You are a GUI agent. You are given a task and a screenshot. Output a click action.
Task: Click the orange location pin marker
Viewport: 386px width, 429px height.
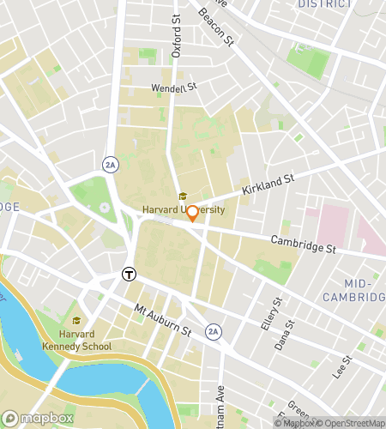[x=193, y=214]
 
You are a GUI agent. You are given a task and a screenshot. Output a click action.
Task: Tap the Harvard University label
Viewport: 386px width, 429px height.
[x=184, y=210]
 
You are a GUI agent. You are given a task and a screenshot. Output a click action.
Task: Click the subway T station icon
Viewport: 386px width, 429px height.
[x=128, y=275]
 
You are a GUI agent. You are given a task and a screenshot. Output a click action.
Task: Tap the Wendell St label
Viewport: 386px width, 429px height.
[x=174, y=87]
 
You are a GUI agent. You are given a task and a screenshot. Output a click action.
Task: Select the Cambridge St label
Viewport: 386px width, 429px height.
[x=303, y=245]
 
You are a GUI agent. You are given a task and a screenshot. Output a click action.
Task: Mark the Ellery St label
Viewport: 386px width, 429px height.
[x=276, y=314]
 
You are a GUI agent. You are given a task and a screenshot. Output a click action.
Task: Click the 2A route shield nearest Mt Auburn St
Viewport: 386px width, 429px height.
[x=214, y=330]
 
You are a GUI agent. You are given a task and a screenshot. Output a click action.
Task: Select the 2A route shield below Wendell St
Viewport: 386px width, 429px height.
[x=110, y=163]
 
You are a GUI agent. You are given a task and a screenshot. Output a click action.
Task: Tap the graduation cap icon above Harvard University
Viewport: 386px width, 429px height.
[x=183, y=196]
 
